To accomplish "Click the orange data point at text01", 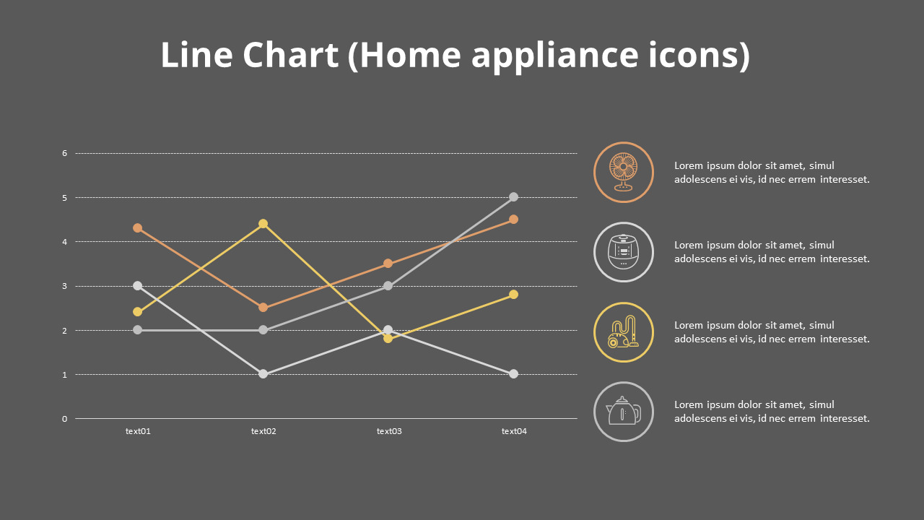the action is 138,227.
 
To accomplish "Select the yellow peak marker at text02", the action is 263,224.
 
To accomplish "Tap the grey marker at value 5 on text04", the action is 513,197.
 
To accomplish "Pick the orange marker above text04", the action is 513,219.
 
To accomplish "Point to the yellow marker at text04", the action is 513,294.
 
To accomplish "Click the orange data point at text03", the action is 388,264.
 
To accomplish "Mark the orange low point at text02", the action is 263,308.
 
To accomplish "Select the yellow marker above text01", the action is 138,312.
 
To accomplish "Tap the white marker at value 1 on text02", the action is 263,374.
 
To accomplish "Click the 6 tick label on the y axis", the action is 65,154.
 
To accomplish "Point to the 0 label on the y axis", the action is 65,419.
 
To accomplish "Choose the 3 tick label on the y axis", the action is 65,286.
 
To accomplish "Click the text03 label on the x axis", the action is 389,431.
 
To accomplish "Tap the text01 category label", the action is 138,431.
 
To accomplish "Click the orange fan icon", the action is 623,172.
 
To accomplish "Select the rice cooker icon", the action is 623,252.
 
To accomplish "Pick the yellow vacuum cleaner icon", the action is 623,331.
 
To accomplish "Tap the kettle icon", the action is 623,411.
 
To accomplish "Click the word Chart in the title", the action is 290,54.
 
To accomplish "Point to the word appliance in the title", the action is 555,56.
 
